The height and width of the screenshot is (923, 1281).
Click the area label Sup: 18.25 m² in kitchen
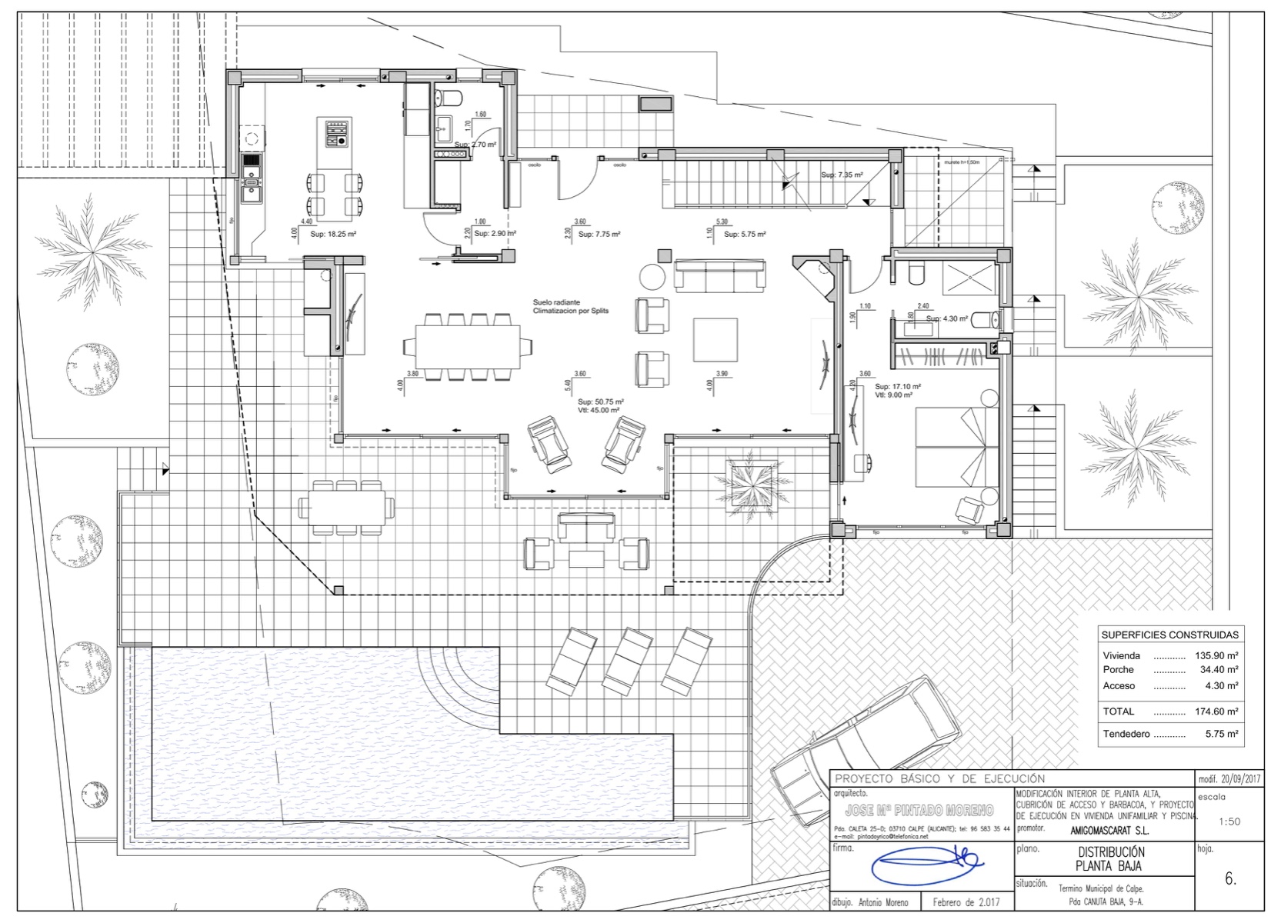click(332, 234)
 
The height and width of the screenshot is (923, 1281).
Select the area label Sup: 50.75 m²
click(600, 402)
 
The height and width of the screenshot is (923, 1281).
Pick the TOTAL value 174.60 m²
click(1216, 711)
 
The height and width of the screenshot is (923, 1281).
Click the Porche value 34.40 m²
click(1219, 670)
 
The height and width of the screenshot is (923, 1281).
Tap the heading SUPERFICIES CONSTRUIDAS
click(1169, 635)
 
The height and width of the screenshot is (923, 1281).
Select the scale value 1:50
click(1229, 821)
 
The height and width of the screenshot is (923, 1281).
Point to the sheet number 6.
click(1230, 879)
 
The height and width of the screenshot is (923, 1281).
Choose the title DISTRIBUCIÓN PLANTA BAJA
click(1110, 859)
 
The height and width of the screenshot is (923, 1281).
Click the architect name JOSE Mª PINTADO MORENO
click(919, 811)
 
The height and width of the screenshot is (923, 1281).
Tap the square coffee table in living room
click(715, 339)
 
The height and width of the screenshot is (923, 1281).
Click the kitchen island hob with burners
click(337, 133)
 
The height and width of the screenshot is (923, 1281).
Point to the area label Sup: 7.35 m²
click(841, 175)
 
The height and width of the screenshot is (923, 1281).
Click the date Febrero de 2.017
click(966, 902)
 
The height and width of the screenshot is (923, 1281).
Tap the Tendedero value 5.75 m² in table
click(1221, 735)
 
